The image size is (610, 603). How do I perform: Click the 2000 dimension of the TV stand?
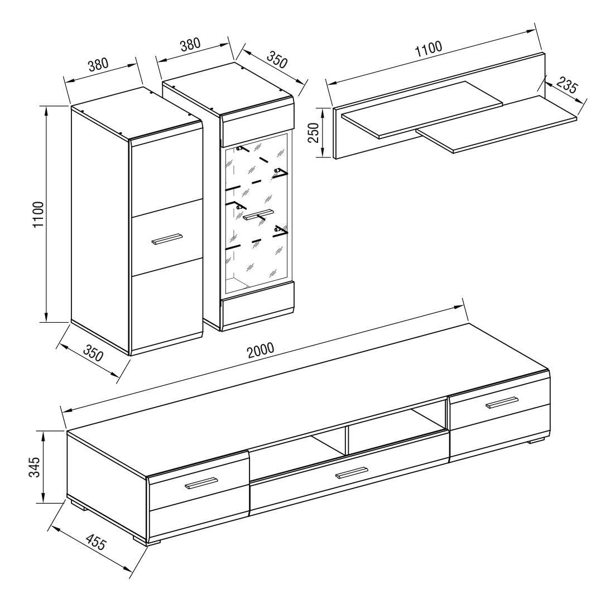coord(261,351)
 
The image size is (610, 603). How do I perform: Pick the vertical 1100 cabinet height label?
coord(39,214)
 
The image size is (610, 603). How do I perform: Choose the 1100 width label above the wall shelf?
coord(429,49)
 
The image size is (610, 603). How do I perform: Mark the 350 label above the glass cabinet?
coord(277,59)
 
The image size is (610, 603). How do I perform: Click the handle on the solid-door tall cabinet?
coord(166,240)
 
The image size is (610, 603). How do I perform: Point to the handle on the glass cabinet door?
coord(258,215)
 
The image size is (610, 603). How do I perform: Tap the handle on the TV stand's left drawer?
coord(200,483)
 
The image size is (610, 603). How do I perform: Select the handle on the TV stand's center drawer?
coord(352,472)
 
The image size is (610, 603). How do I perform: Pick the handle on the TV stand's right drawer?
coord(502,403)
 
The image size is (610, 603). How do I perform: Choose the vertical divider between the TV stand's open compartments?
coord(346,440)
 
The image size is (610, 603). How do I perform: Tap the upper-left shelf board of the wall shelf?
coord(422,110)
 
